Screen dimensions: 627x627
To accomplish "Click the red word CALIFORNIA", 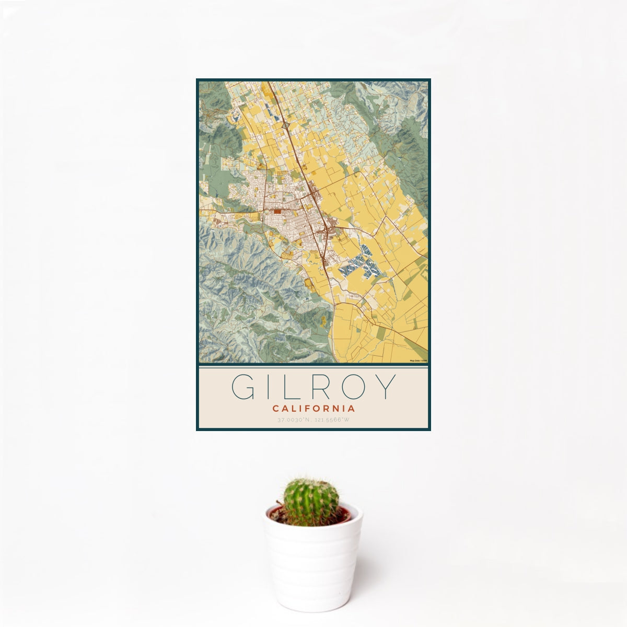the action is tap(313, 409).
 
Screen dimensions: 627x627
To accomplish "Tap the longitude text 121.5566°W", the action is tap(332, 420).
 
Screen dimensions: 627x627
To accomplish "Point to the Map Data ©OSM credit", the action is tap(419, 361).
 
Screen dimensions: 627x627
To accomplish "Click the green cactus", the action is tap(311, 502).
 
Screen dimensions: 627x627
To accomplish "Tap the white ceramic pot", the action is tap(312, 564).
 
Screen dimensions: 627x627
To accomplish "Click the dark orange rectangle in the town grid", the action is tap(277, 212).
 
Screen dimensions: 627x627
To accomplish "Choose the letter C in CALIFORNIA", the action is tap(275, 409).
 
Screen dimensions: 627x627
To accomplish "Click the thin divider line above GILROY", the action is tap(313, 367).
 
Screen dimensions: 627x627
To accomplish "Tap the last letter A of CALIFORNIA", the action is tap(352, 409).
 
